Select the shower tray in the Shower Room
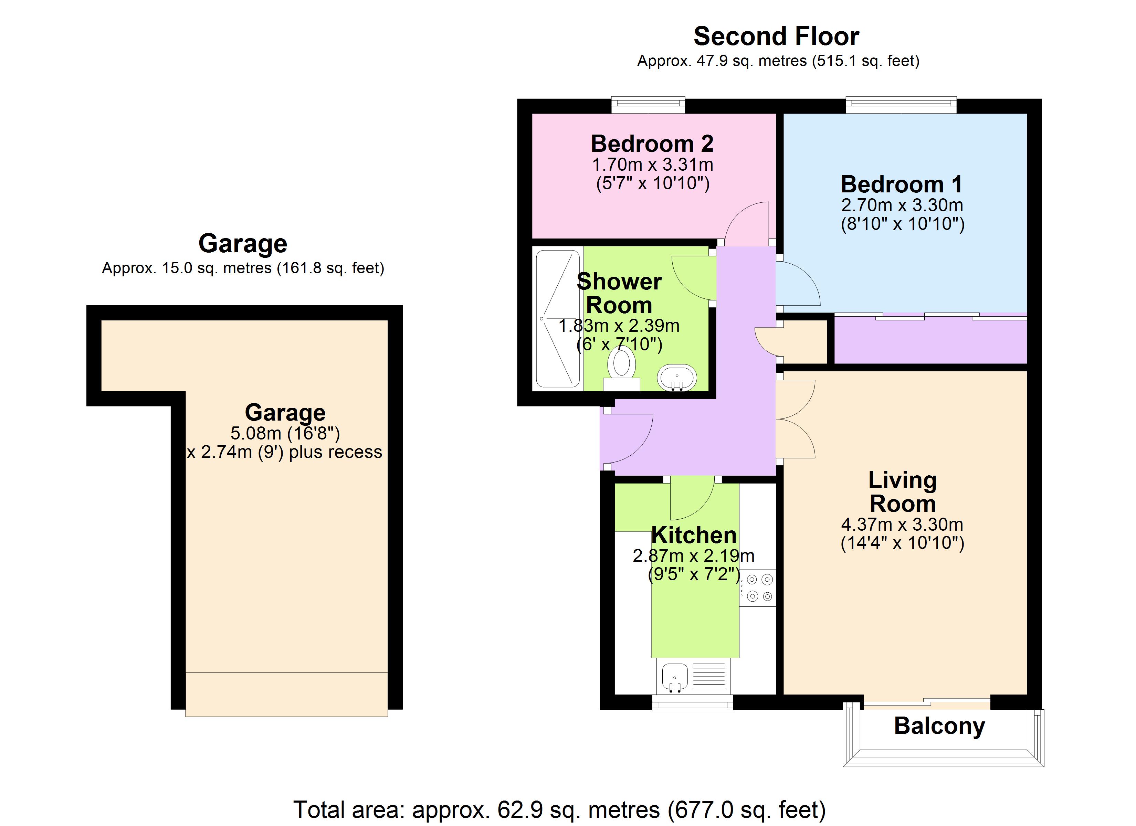(557, 319)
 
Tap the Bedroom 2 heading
(652, 144)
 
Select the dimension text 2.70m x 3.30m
(902, 205)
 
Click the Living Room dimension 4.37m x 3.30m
(902, 525)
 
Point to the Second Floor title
(776, 36)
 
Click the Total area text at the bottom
(559, 809)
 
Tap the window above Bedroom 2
(648, 104)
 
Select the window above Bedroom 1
(901, 104)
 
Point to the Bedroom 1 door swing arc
(799, 283)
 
